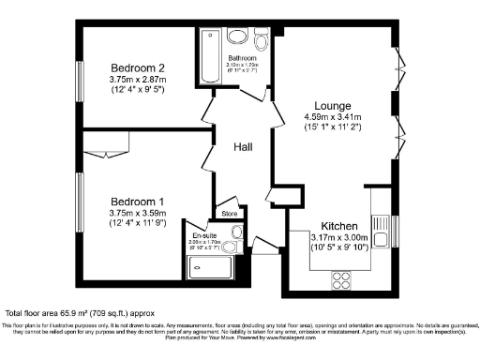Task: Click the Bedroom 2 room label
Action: pyautogui.click(x=138, y=67)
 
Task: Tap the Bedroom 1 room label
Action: pyautogui.click(x=138, y=202)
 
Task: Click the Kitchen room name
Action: pyautogui.click(x=339, y=226)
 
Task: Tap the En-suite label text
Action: pyautogui.click(x=205, y=235)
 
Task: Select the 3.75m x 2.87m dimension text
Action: pyautogui.click(x=138, y=81)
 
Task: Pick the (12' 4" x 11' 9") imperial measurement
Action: pyautogui.click(x=138, y=224)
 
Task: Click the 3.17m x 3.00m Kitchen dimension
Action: pyautogui.click(x=339, y=238)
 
